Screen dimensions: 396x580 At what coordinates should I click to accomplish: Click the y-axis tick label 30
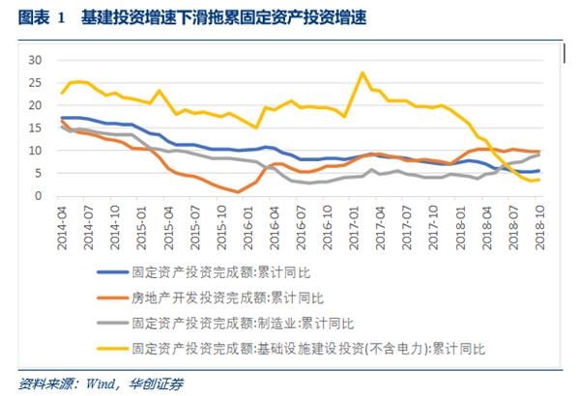click(x=37, y=60)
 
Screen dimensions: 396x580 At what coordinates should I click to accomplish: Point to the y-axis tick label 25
click(x=37, y=82)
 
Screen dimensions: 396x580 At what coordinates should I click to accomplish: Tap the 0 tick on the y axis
click(x=40, y=196)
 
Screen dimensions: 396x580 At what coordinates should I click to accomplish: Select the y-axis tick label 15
click(x=37, y=127)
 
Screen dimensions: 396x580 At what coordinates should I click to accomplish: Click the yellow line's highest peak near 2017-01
click(x=362, y=72)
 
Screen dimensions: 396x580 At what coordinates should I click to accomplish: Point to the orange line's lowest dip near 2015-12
click(x=238, y=192)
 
